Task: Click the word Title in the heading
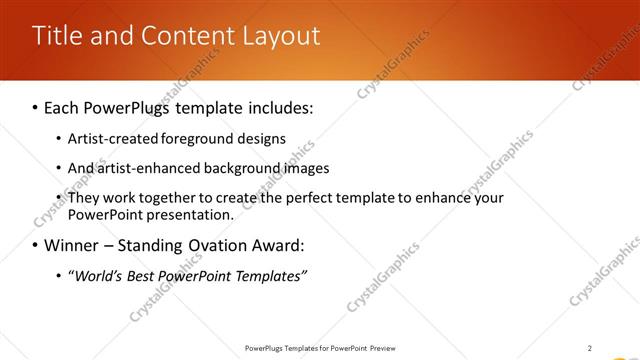54,36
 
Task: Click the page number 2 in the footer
590,348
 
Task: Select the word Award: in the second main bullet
276,245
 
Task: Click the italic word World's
98,275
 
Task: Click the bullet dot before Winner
36,245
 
